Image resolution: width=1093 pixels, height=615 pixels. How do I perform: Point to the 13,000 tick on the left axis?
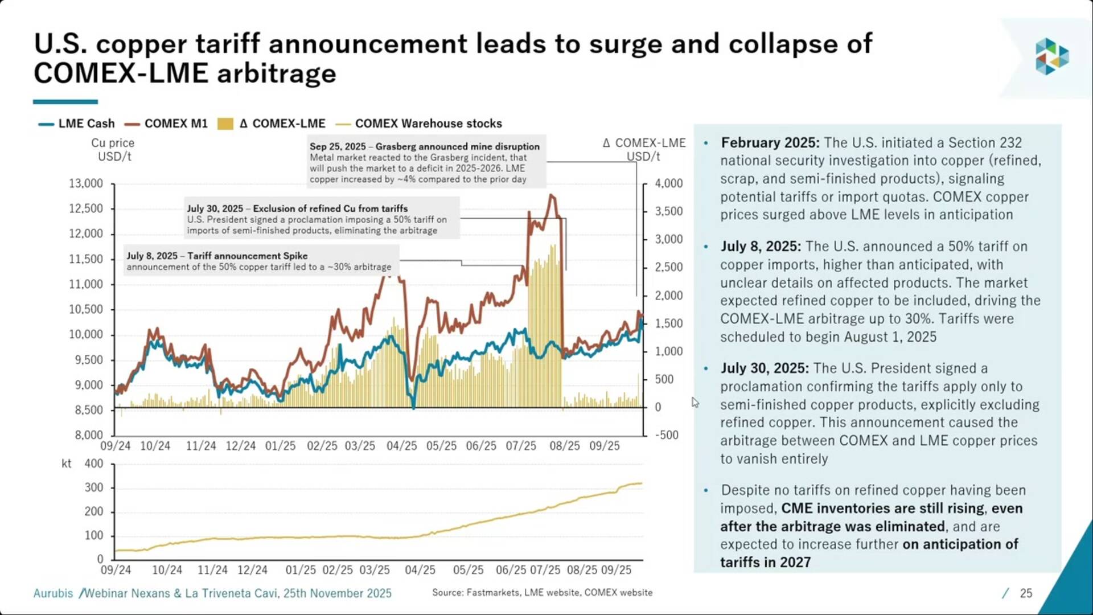[86, 183]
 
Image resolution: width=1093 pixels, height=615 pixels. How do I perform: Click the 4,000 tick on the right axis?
[668, 183]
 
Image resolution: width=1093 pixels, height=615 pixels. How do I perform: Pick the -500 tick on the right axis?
[667, 435]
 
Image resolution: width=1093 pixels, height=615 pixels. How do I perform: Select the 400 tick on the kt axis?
[94, 464]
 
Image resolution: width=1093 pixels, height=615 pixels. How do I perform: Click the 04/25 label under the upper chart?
[401, 446]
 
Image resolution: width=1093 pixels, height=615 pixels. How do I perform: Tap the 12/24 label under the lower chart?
[252, 570]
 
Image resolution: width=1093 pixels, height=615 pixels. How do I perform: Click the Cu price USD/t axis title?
[113, 150]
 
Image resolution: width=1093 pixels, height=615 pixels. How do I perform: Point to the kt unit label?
[66, 464]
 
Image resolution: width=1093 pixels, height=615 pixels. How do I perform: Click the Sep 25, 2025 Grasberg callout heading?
[424, 146]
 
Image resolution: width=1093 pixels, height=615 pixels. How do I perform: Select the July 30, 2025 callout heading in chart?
[297, 208]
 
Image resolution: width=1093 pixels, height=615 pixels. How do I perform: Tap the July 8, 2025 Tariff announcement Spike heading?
[217, 256]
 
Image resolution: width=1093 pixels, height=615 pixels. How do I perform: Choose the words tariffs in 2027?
[765, 562]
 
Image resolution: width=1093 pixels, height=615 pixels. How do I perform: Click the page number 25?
[1026, 593]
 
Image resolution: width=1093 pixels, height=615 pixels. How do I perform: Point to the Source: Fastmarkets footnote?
[542, 593]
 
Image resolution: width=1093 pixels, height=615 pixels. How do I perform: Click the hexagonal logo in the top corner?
[1051, 56]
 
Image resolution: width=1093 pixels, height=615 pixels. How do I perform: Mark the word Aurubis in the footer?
[53, 593]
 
